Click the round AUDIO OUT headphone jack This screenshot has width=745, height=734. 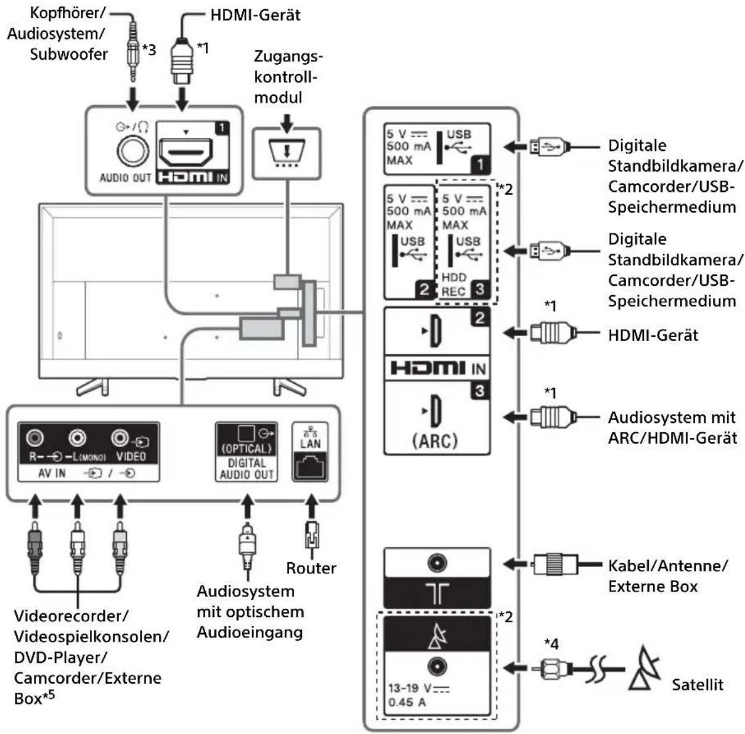133,150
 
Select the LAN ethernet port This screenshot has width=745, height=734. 310,467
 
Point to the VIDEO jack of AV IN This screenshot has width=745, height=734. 120,438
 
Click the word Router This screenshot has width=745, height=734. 311,568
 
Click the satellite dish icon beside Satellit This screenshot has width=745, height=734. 645,668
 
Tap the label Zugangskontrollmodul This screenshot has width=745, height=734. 288,77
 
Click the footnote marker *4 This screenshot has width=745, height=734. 551,644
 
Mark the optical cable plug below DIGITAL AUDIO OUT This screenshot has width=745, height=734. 246,545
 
